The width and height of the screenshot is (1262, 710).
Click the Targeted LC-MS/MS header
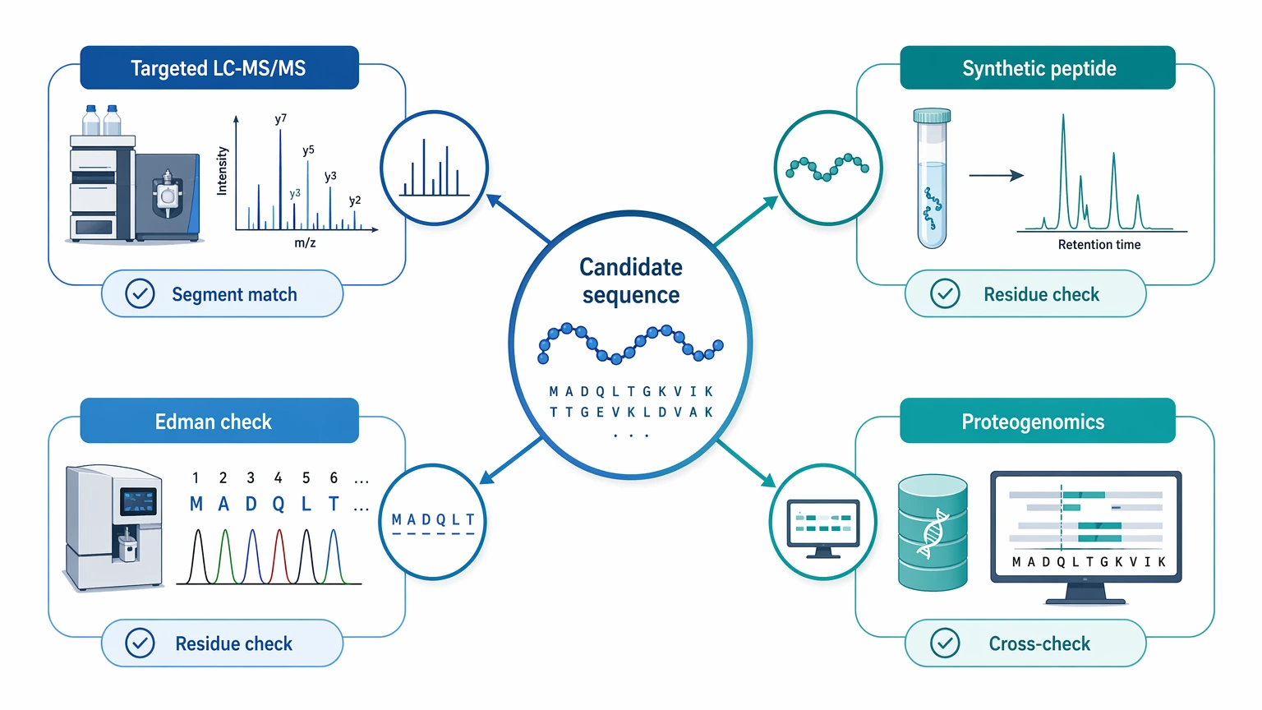pos(219,67)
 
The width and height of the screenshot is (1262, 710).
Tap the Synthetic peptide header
pos(1038,67)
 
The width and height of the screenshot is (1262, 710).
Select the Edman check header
pos(219,421)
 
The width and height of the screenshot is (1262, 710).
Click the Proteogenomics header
pos(1038,421)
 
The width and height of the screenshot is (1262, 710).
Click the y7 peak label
pos(280,119)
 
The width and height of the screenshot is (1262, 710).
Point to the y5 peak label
pos(308,150)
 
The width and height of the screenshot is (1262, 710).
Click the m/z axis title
pos(305,243)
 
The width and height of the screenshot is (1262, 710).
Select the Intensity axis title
pos(222,171)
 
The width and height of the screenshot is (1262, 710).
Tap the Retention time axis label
pos(1099,245)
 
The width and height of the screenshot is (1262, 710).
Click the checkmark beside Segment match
pos(140,293)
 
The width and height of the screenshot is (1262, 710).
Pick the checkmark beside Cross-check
pos(945,643)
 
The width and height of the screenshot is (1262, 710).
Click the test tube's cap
pos(932,116)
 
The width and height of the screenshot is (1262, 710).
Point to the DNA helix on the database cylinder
pos(933,533)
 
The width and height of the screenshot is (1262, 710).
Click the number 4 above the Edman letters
pos(279,477)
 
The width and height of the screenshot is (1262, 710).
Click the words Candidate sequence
pos(631,280)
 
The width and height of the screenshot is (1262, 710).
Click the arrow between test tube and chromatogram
pos(996,175)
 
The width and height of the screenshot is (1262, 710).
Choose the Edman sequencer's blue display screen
pos(138,501)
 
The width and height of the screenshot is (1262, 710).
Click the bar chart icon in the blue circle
pos(434,168)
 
